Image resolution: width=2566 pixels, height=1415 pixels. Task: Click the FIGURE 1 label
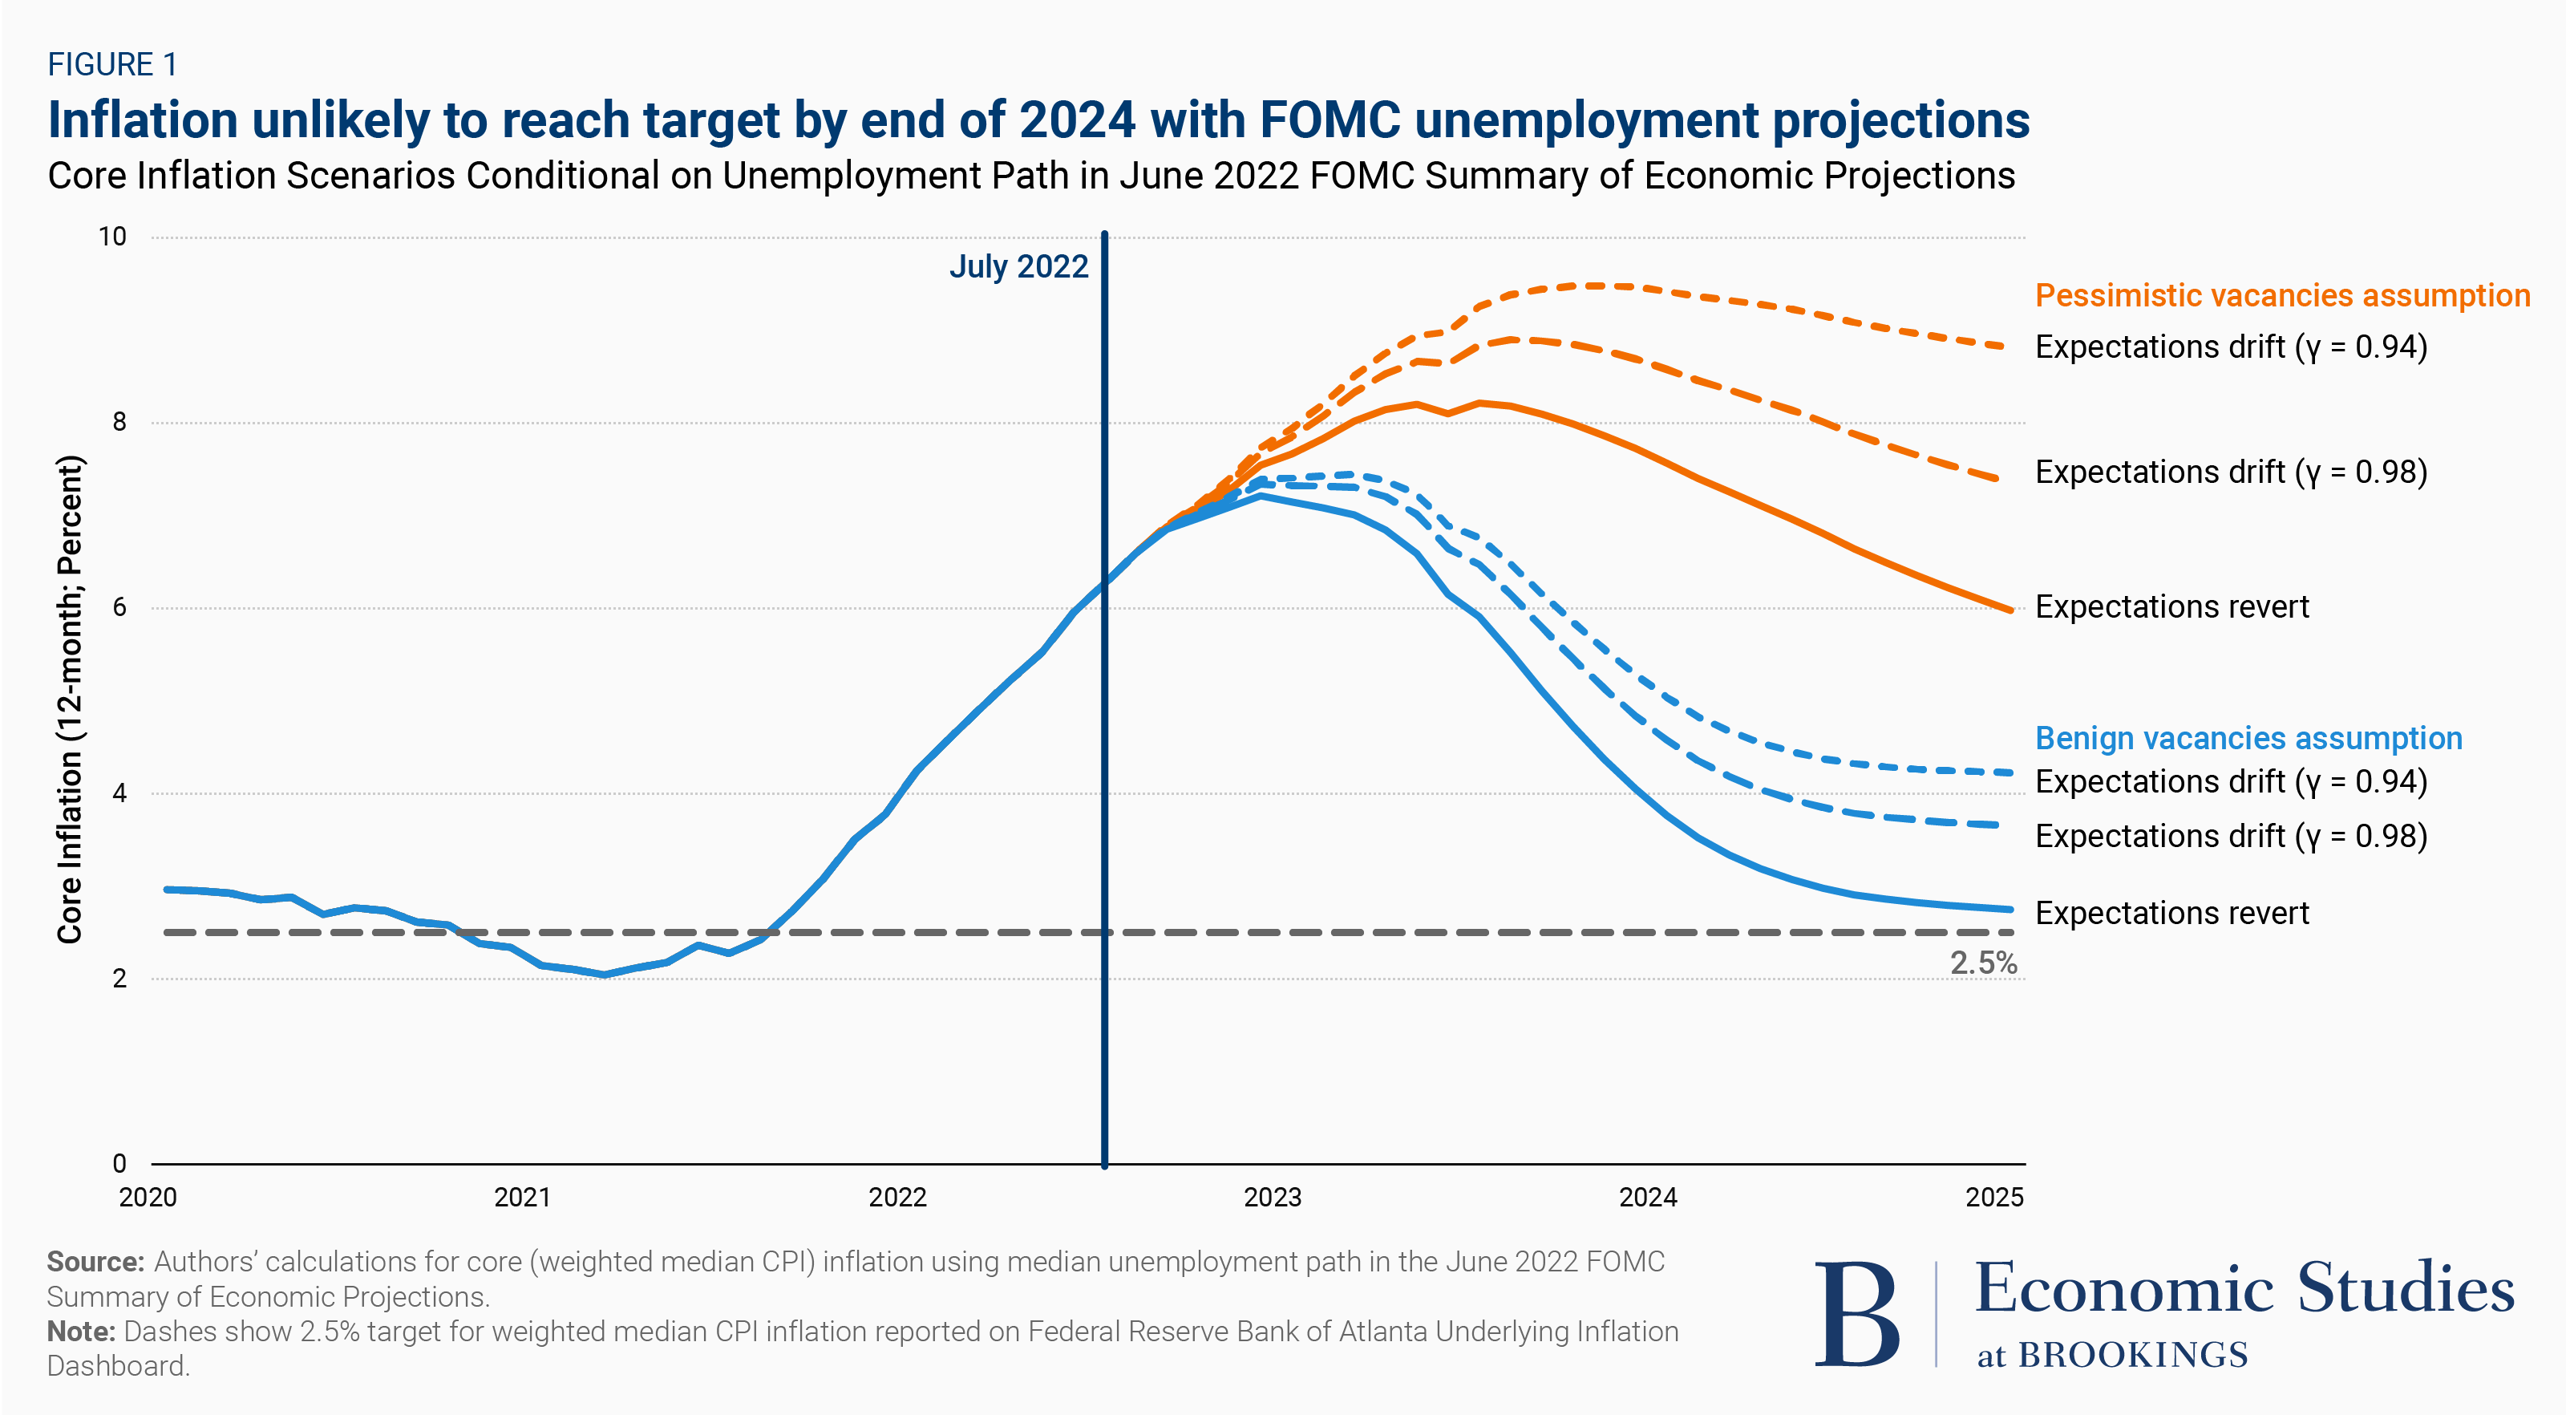(112, 65)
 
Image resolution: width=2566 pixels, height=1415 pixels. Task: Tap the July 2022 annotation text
(1018, 267)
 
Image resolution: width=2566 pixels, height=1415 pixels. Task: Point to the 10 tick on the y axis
(112, 237)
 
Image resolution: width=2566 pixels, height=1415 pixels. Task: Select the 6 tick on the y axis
(119, 608)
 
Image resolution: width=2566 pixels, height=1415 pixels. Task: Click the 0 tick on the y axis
(119, 1163)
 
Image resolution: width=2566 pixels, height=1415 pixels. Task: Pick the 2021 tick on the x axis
(523, 1197)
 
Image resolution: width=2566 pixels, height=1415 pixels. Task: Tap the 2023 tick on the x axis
(1272, 1197)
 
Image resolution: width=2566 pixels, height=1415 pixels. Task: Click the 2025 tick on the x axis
(1993, 1197)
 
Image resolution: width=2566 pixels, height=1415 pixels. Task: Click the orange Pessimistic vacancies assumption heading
(2282, 296)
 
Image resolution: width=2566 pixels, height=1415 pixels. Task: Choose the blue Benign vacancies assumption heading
(2248, 739)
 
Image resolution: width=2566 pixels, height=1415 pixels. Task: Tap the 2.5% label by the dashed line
(1982, 963)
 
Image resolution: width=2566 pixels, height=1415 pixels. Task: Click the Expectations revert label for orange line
(2171, 607)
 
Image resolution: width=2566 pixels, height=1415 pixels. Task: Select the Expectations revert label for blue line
(2171, 913)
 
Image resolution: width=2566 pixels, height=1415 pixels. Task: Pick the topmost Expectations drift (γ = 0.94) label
(2232, 347)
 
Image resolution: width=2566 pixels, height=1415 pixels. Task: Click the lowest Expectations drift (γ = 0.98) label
(2232, 836)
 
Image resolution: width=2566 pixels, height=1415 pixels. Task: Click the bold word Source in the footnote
(95, 1262)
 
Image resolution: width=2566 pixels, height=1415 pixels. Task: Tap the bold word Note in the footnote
(81, 1332)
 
